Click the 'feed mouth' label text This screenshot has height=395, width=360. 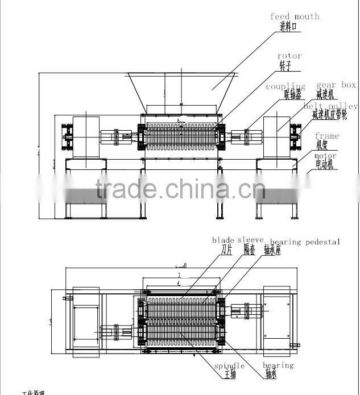pyautogui.click(x=294, y=16)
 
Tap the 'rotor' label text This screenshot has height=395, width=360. pyautogui.click(x=289, y=56)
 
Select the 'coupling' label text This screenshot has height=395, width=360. pyautogui.click(x=285, y=86)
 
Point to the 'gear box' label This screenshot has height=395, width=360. pyautogui.click(x=336, y=85)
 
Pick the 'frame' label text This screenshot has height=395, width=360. pyautogui.click(x=326, y=136)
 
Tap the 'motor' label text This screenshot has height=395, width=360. pyautogui.click(x=325, y=156)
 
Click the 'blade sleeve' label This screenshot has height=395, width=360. pyautogui.click(x=234, y=240)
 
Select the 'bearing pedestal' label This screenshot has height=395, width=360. pyautogui.click(x=305, y=242)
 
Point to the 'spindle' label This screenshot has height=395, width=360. pyautogui.click(x=229, y=365)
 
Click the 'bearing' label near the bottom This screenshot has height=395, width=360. pyautogui.click(x=278, y=365)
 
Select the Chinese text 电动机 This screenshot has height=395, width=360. pyautogui.click(x=327, y=165)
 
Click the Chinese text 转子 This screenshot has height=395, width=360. pyautogui.click(x=285, y=65)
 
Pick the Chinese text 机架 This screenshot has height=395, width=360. pyautogui.click(x=322, y=145)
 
